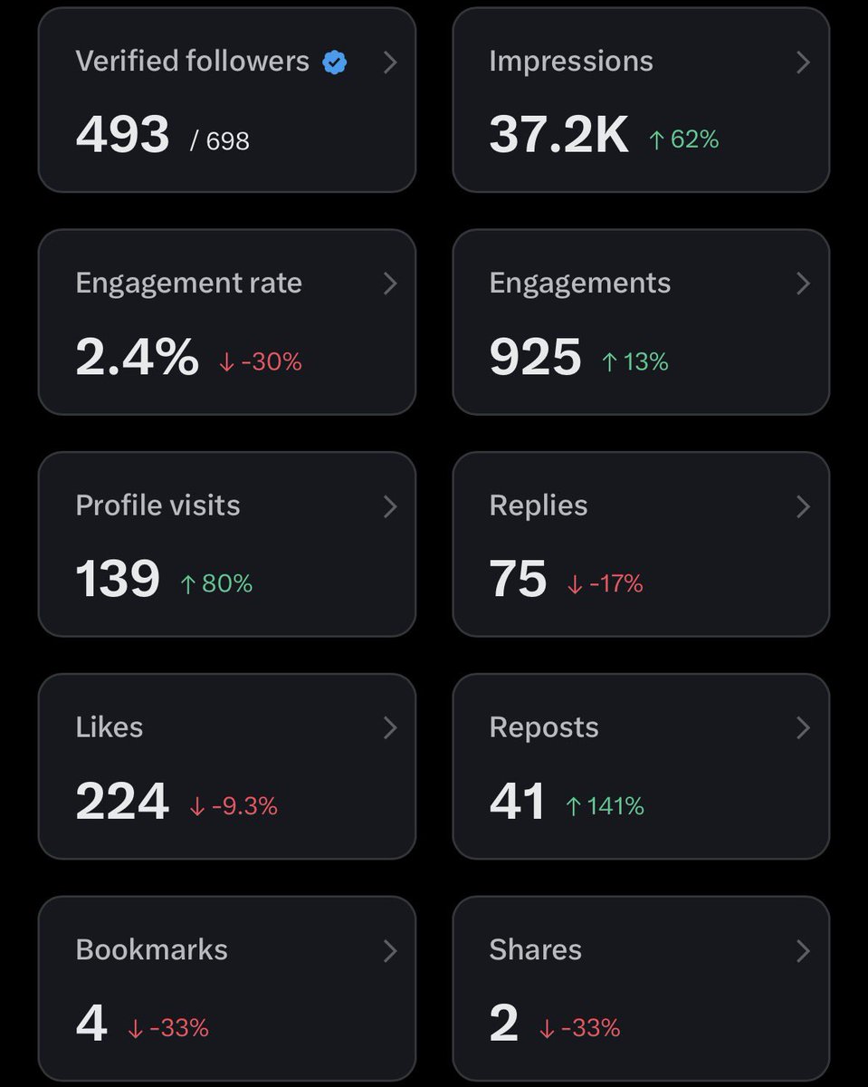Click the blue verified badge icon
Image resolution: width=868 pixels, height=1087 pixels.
(335, 63)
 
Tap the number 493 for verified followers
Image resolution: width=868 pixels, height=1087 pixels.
(122, 136)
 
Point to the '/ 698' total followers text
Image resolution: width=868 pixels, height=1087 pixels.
(220, 140)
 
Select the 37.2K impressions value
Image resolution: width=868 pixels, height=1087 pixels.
(558, 136)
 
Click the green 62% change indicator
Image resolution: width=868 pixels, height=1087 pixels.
(684, 139)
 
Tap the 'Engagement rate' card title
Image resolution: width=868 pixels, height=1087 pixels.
(188, 284)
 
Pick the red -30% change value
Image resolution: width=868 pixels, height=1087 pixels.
(261, 362)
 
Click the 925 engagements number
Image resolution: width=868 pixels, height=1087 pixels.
(535, 358)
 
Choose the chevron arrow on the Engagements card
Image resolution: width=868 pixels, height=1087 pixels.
(802, 284)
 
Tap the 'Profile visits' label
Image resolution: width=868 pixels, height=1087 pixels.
(157, 505)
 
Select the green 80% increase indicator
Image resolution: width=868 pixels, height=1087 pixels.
(216, 584)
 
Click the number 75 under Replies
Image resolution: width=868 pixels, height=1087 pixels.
(518, 580)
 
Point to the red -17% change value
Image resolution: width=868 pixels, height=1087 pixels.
(606, 584)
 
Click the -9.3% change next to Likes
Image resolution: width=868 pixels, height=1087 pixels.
(234, 806)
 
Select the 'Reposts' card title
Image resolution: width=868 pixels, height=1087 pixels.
(543, 727)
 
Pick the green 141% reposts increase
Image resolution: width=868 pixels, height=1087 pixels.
(605, 806)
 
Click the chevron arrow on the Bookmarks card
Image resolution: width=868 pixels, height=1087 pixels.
(390, 950)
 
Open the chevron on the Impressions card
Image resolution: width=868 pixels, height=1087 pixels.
(802, 62)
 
